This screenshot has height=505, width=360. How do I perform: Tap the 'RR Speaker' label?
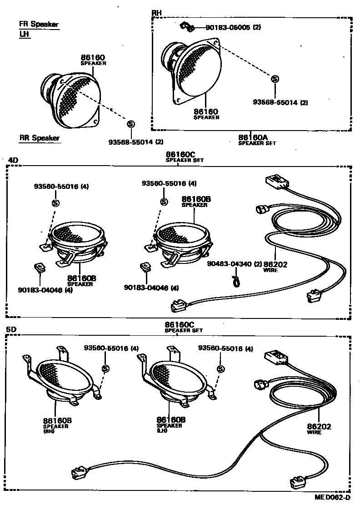tap(39, 138)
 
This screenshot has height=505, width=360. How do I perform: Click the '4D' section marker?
tap(13, 160)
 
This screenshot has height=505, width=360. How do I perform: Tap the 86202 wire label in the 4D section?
tap(276, 264)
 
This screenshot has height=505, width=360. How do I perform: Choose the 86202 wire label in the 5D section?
tap(319, 427)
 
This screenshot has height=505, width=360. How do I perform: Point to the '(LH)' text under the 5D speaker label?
tap(162, 430)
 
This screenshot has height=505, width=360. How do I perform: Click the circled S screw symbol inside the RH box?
tap(275, 79)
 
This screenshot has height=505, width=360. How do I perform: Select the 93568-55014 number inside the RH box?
tap(275, 103)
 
